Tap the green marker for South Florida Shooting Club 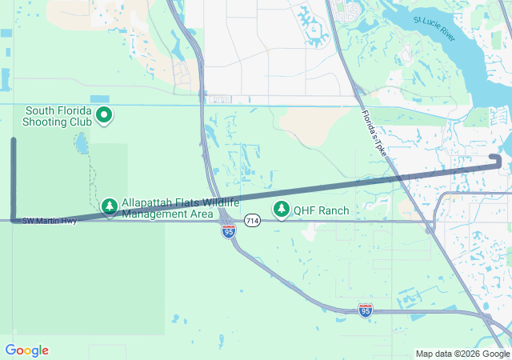tap(104, 116)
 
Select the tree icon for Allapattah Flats tap(110, 207)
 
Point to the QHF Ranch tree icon tap(281, 210)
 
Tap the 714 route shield tap(253, 220)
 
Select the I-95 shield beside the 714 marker tap(229, 232)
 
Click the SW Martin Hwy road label tap(50, 221)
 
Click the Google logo tap(26, 350)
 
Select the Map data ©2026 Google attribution tap(462, 354)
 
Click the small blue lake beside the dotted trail tap(81, 145)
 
